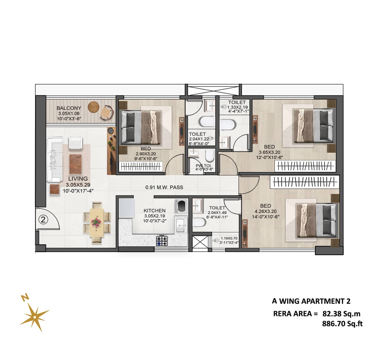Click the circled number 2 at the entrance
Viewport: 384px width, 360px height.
pos(43,220)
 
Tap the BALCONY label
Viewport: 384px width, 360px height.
pos(69,108)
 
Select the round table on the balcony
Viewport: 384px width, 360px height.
pos(94,107)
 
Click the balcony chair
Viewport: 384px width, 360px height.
pos(106,114)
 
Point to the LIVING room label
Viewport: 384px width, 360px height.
pos(78,178)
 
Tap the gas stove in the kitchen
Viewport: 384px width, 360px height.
pos(162,240)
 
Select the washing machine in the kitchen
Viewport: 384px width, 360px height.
pos(181,206)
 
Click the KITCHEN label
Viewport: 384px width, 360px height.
pos(154,211)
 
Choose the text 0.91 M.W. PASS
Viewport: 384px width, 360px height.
pos(164,187)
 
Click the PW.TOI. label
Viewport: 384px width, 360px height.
pos(204,166)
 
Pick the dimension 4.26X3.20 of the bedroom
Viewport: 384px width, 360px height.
pos(265,211)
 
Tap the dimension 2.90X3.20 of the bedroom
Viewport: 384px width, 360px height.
pos(146,154)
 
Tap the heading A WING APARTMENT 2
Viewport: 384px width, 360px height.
pos(311,301)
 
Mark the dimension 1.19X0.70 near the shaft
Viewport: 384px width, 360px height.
pos(229,238)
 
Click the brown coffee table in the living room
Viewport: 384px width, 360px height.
pos(76,164)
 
